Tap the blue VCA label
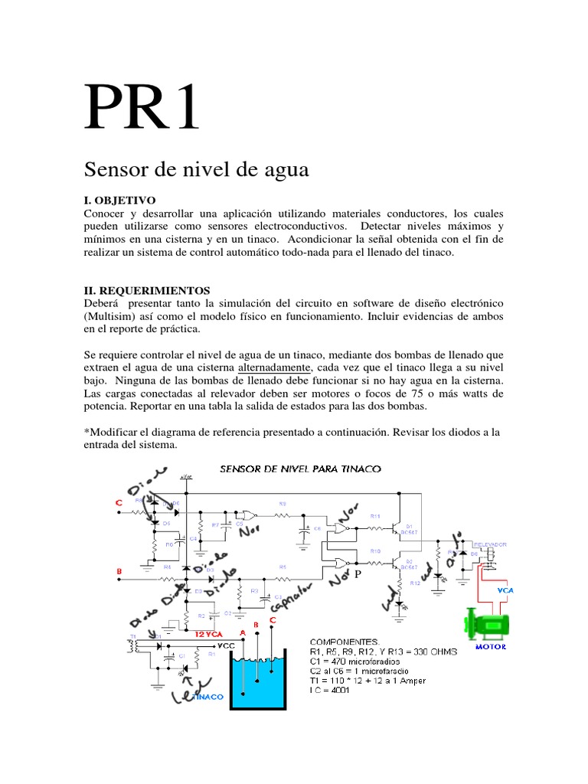(x=505, y=590)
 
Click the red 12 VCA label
(x=208, y=635)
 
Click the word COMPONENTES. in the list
(x=345, y=640)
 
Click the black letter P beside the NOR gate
(x=355, y=574)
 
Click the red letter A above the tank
(x=243, y=632)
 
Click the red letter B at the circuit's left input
(x=119, y=571)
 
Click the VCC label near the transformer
(x=224, y=645)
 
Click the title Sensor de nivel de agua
(x=195, y=169)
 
